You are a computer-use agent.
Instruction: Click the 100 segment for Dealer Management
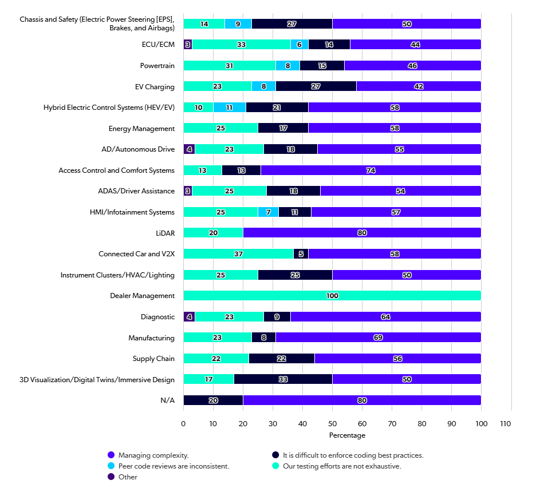[x=332, y=296]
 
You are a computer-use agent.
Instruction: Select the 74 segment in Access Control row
[x=371, y=170]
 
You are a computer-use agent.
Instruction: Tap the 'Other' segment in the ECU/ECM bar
[x=188, y=45]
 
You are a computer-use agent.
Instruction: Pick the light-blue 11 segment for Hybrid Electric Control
[x=230, y=108]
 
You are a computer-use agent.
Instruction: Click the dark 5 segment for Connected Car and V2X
[x=301, y=253]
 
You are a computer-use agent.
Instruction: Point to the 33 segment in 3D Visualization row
[x=283, y=379]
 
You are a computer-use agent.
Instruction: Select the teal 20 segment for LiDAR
[x=214, y=233]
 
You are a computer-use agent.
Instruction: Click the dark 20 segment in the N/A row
[x=214, y=400]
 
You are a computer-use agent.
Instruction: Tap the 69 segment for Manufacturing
[x=378, y=337]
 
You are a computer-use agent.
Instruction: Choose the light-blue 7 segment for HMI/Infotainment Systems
[x=268, y=212]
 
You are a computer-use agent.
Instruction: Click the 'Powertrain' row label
[x=157, y=66]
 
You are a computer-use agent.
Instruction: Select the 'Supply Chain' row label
[x=153, y=359]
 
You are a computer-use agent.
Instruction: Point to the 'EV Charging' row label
[x=155, y=86]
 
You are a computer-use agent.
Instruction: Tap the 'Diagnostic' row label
[x=157, y=317]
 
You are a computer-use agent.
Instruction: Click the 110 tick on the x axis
[x=506, y=423]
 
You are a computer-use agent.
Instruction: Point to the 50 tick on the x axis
[x=332, y=423]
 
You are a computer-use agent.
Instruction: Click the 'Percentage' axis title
[x=347, y=435]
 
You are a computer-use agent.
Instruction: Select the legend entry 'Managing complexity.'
[x=148, y=455]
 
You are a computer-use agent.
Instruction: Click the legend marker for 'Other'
[x=111, y=477]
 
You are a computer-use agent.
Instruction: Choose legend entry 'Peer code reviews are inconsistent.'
[x=168, y=466]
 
